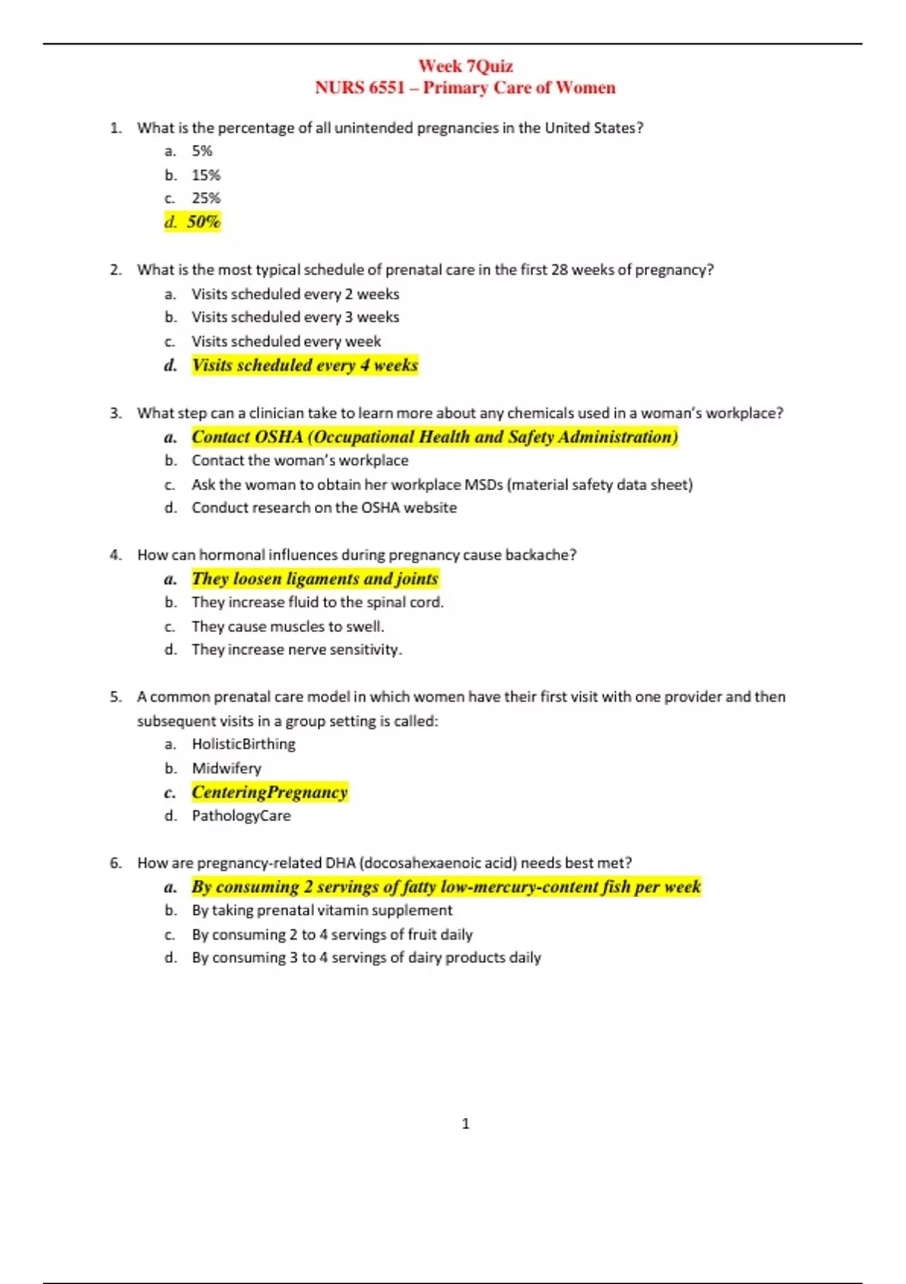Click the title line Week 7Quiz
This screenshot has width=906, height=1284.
(465, 66)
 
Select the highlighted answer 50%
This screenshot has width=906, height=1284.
(203, 222)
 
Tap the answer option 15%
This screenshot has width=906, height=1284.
(205, 175)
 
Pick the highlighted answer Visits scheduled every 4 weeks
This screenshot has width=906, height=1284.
(304, 366)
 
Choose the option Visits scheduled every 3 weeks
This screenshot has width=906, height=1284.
(295, 317)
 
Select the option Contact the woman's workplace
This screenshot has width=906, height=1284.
(300, 461)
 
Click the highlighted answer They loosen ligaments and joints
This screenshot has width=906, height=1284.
(315, 579)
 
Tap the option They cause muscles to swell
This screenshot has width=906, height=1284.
(288, 627)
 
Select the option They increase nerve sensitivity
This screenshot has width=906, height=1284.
(297, 650)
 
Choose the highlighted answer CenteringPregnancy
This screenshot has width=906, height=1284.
(270, 792)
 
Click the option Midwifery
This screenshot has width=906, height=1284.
(226, 768)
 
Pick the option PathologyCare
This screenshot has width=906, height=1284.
(241, 816)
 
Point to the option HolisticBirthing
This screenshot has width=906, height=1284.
(243, 744)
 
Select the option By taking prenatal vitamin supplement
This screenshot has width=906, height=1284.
(322, 910)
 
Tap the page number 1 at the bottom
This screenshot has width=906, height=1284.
(465, 1124)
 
